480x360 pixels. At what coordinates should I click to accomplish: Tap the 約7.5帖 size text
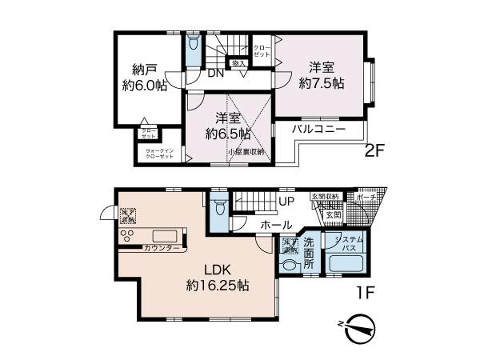click(322, 82)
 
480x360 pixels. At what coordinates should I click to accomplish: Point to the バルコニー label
click(318, 128)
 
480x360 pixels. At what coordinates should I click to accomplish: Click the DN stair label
click(215, 74)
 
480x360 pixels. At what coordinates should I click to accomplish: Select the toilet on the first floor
click(221, 206)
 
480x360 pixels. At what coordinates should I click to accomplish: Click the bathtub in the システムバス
click(349, 263)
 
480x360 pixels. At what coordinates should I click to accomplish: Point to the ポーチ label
click(368, 196)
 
